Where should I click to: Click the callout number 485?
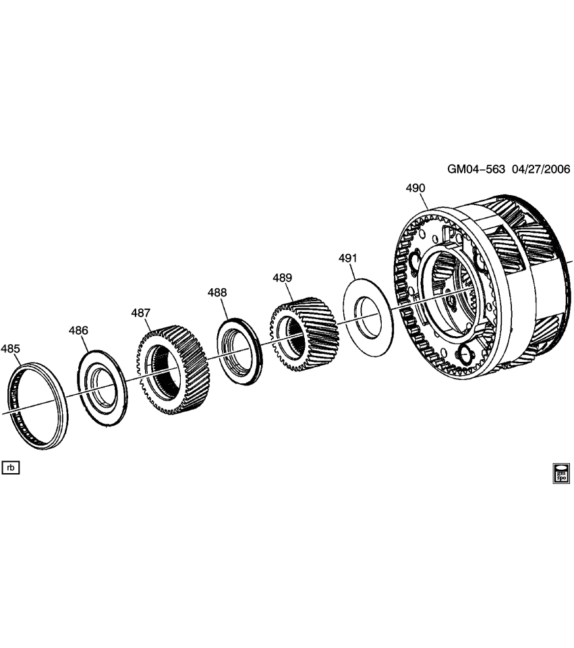pyautogui.click(x=10, y=349)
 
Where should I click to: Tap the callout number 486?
pyautogui.click(x=78, y=330)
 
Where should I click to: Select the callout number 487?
pyautogui.click(x=140, y=313)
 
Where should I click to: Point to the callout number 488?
pyautogui.click(x=217, y=293)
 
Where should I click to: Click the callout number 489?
pyautogui.click(x=282, y=277)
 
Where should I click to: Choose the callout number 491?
pyautogui.click(x=347, y=259)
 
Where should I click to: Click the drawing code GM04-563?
pyautogui.click(x=476, y=169)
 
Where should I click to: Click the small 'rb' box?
pyautogui.click(x=11, y=467)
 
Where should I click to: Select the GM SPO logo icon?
pyautogui.click(x=561, y=473)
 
